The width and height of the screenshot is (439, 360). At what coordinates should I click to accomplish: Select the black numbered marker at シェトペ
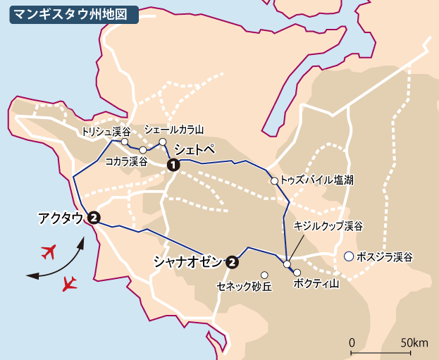coord(172,165)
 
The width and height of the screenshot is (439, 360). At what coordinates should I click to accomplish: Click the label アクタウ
coord(61,218)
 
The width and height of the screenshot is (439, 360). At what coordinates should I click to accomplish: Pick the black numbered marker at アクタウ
coord(93,218)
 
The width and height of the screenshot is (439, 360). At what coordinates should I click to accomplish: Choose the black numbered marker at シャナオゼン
coord(232,263)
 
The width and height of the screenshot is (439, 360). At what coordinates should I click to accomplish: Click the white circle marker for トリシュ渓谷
coord(125,142)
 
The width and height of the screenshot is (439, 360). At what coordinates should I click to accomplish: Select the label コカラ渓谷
coord(125,161)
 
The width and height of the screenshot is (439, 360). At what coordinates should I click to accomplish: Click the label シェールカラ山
coord(173,130)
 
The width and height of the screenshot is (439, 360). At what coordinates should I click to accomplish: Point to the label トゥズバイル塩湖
coord(316,180)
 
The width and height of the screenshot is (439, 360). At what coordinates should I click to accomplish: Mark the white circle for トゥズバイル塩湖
coord(275,181)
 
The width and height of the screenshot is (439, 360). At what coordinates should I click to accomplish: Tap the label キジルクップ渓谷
coord(328,226)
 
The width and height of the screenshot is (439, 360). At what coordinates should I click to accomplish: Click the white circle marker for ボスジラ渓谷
coord(348,257)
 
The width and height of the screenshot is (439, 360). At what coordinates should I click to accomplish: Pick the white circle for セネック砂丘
coord(265,275)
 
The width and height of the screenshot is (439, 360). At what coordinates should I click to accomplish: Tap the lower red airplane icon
coord(68,283)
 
